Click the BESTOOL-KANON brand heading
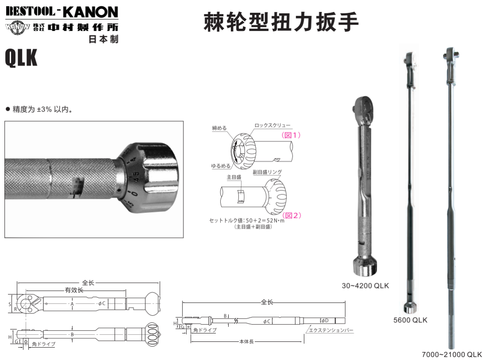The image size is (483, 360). tap(62, 12)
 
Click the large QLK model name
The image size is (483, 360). tap(21, 58)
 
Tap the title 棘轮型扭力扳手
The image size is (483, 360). tap(280, 22)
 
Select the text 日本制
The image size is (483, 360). tap(104, 39)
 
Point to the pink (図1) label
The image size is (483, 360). tap(291, 135)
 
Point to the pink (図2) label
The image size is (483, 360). tap(292, 215)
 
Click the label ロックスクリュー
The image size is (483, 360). tap(273, 126)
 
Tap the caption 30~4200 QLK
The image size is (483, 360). tap(365, 286)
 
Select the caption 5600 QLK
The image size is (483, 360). tap(410, 320)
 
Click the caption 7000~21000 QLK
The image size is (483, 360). tap(451, 354)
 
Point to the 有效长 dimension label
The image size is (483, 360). tap(74, 290)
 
